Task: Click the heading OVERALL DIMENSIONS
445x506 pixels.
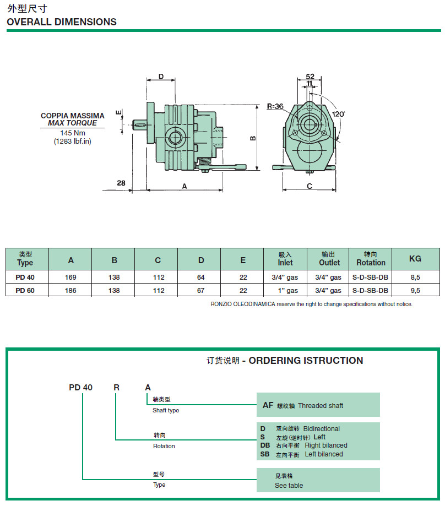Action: [x=62, y=22]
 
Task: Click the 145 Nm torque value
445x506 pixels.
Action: [x=73, y=133]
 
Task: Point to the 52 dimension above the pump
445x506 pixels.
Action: [x=310, y=77]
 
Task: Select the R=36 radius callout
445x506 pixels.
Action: [x=275, y=106]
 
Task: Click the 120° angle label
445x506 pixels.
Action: [x=339, y=114]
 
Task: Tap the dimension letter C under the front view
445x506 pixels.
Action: [x=310, y=186]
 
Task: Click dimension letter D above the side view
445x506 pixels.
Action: [x=161, y=77]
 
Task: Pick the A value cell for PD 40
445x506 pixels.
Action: [x=71, y=277]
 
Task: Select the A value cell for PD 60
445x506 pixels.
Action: [x=71, y=290]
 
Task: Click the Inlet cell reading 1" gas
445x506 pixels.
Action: [x=285, y=290]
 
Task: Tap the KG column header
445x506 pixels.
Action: [x=415, y=258]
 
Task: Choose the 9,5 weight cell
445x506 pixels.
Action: [x=415, y=290]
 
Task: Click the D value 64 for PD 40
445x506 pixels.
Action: [x=201, y=277]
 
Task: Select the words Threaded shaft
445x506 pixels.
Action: [x=321, y=406]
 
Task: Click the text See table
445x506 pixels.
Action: [x=289, y=485]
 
